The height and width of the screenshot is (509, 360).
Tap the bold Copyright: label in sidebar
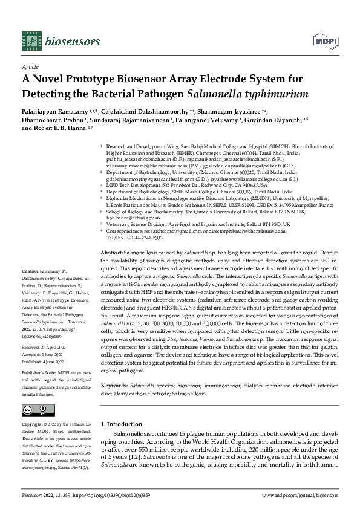point(33,427)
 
